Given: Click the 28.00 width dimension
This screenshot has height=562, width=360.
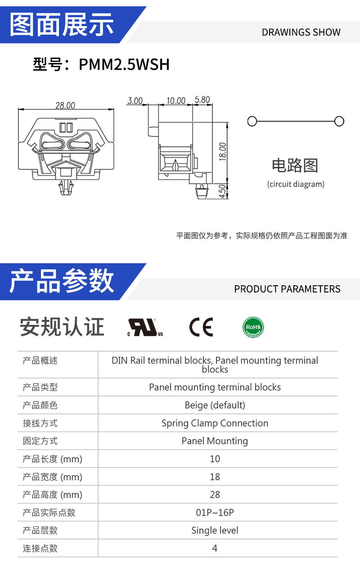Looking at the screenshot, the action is tap(65, 106).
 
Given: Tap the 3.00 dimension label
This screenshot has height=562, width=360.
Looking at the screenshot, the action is tap(135, 101).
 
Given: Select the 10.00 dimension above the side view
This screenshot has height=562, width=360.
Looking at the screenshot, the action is tap(176, 101).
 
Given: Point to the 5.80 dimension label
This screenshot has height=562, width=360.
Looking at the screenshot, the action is tap(202, 99).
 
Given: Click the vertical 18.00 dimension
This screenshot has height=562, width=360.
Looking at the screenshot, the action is tap(222, 152).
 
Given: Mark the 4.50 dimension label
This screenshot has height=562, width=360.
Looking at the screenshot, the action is tap(222, 191).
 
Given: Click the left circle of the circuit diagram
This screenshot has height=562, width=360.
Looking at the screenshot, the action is tap(252, 121).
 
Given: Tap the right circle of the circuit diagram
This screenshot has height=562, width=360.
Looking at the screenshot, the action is tap(339, 121).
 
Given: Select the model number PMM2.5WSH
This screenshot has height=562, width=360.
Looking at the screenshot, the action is tap(124, 64).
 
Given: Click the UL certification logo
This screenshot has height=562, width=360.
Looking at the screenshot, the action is tap(145, 327).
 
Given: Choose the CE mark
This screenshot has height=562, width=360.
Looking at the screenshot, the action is tap(201, 327).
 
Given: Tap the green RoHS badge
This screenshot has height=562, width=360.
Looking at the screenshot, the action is tap(253, 327).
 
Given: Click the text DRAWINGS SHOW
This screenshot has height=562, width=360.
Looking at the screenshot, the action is tap(301, 32).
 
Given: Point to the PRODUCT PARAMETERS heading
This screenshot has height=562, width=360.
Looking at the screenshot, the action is tap(287, 289).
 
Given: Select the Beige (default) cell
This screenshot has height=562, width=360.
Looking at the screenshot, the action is tap(215, 405).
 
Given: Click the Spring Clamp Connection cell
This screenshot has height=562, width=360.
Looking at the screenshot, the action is tap(215, 423).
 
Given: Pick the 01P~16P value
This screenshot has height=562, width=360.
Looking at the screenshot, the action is tap(215, 513).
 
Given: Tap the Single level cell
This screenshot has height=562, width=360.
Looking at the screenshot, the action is tap(215, 531).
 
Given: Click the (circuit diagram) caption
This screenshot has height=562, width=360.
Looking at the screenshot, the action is tap(296, 184).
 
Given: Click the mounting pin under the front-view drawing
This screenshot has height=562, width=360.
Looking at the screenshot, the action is tap(66, 187).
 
